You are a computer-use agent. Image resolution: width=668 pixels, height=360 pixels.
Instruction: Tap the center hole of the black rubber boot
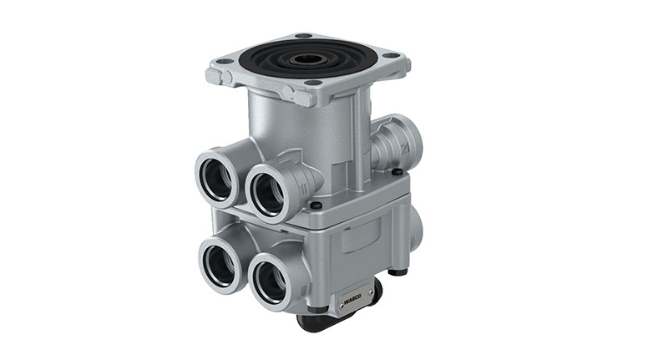[308, 59]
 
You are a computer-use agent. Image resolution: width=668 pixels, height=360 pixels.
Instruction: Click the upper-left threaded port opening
[216, 178]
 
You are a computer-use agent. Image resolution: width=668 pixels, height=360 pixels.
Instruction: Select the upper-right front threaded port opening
[268, 191]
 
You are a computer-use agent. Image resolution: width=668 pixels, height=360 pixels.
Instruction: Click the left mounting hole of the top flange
[225, 61]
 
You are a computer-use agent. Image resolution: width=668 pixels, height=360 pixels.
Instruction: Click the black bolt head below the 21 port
[397, 172]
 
